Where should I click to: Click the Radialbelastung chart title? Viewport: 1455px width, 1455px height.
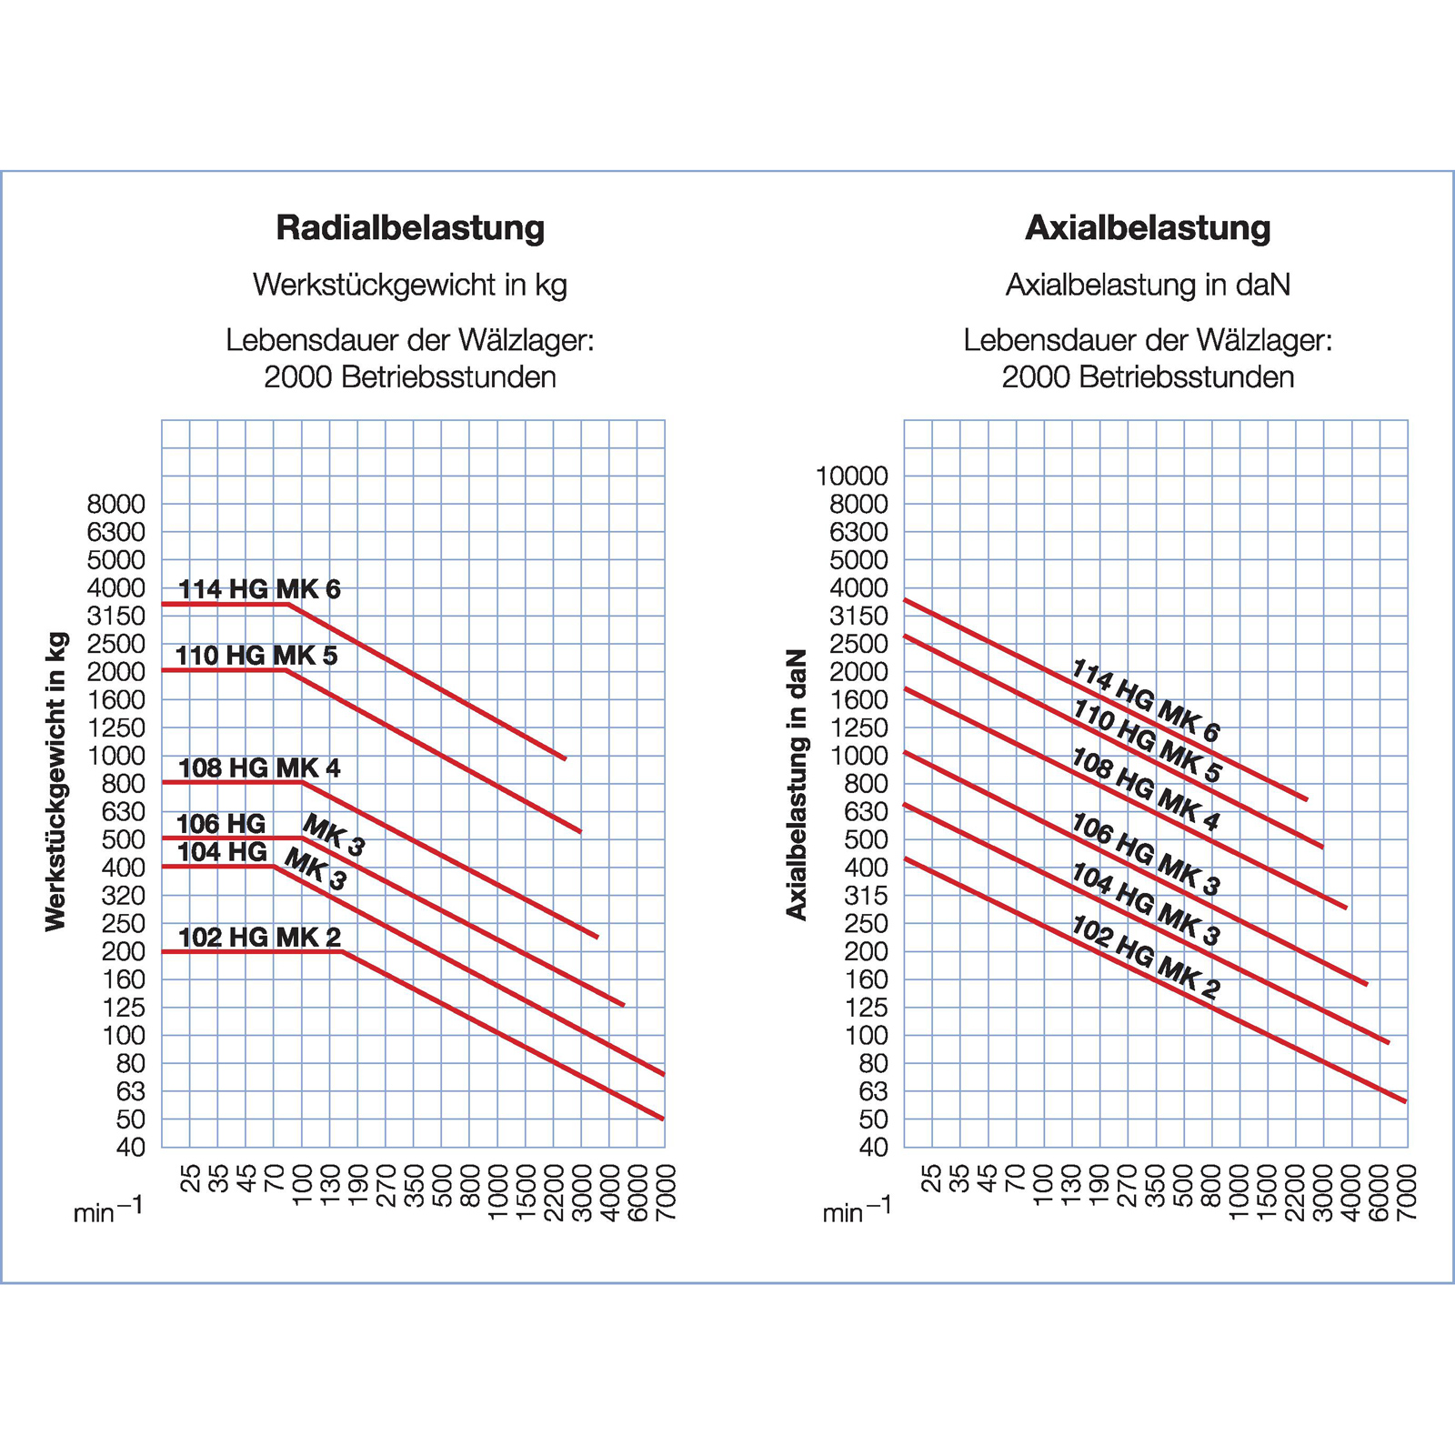pyautogui.click(x=410, y=227)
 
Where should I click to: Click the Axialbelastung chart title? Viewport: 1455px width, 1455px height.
pyautogui.click(x=1148, y=227)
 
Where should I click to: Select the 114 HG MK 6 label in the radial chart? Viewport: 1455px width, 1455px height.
pyautogui.click(x=259, y=589)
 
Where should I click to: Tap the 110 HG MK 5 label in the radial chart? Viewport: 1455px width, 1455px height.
pyautogui.click(x=256, y=656)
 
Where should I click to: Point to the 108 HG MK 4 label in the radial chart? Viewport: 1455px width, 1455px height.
pyautogui.click(x=259, y=768)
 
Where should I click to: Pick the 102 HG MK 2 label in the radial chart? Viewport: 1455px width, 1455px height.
pyautogui.click(x=259, y=938)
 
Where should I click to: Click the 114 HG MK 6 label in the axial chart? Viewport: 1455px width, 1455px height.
pyautogui.click(x=1146, y=700)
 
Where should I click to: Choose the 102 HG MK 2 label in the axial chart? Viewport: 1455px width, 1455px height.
pyautogui.click(x=1146, y=958)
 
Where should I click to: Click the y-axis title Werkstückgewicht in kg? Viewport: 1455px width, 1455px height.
pyautogui.click(x=56, y=781)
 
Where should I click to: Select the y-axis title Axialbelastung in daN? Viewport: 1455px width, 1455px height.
pyautogui.click(x=797, y=784)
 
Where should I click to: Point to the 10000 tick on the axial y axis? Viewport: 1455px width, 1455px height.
pyautogui.click(x=852, y=476)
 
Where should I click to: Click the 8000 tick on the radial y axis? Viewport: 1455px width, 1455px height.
pyautogui.click(x=116, y=504)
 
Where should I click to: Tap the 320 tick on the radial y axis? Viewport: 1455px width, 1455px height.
pyautogui.click(x=123, y=896)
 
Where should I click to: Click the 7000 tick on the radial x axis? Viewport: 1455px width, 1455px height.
pyautogui.click(x=666, y=1192)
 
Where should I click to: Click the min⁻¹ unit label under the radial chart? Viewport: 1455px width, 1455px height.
pyautogui.click(x=107, y=1211)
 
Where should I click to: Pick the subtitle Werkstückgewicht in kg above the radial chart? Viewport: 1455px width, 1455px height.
pyautogui.click(x=410, y=285)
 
